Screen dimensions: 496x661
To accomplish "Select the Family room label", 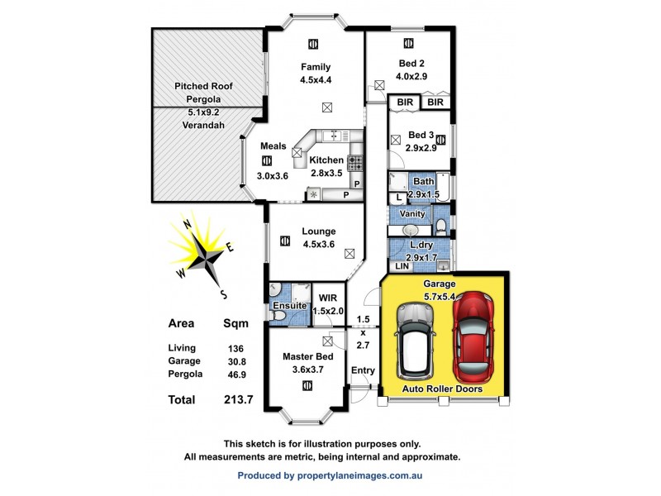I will (x=315, y=67).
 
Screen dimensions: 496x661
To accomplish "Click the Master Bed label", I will (x=307, y=356).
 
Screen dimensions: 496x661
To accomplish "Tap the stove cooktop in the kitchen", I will (x=355, y=163).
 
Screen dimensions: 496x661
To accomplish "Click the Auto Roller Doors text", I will (x=443, y=389).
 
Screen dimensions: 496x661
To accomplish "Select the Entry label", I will (x=363, y=370).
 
